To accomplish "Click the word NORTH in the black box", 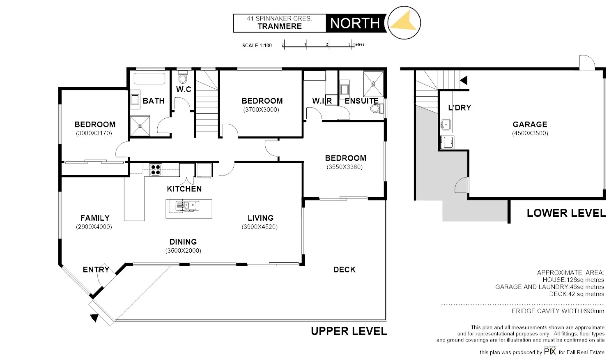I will [x=355, y=23].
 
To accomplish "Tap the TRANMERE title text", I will [x=280, y=26].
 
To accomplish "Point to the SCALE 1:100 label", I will [x=257, y=46].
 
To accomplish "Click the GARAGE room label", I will [x=530, y=124].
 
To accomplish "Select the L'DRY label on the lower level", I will [x=460, y=108].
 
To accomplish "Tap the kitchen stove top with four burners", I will [x=156, y=169].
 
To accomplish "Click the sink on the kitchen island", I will [x=187, y=205].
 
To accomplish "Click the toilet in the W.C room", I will [x=183, y=77].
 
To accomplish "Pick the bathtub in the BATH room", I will [x=149, y=78].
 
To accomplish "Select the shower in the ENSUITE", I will [x=373, y=84].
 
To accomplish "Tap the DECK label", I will [x=344, y=270].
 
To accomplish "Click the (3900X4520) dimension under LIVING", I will [x=260, y=227].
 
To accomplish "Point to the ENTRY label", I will [x=96, y=270].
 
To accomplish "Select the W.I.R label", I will [x=322, y=101].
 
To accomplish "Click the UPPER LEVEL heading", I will [x=349, y=331].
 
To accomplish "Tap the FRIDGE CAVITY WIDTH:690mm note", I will [x=558, y=311].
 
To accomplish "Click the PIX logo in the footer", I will [x=550, y=351].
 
